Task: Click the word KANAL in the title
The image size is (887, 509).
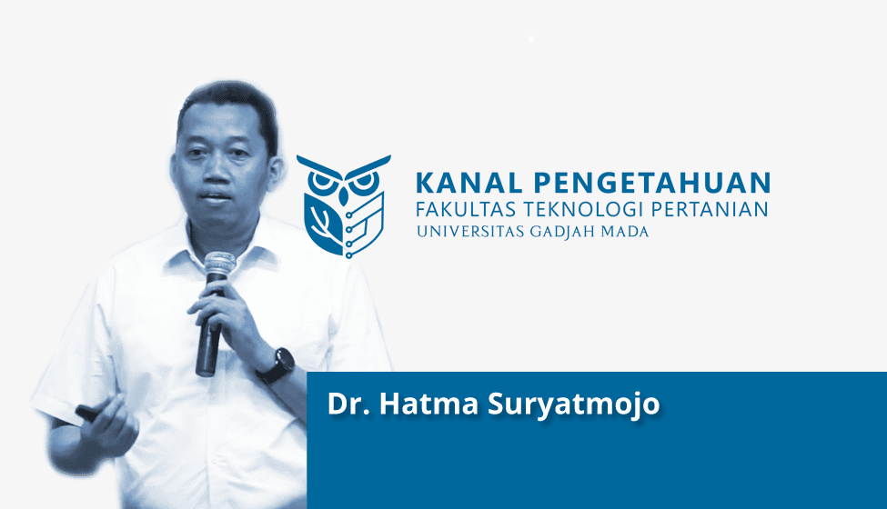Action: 469,183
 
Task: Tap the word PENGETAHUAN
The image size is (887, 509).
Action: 652,183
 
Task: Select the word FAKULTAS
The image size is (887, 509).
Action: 466,210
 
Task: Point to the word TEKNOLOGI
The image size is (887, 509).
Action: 583,210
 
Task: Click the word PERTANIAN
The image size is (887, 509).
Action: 710,210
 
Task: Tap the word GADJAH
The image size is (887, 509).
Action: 561,232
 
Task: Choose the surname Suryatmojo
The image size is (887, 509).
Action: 574,405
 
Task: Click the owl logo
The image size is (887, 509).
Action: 343,206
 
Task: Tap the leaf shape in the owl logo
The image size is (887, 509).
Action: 322,224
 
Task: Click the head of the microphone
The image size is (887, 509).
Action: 219,264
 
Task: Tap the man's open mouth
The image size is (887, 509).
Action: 217,197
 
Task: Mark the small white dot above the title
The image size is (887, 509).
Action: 530,38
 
